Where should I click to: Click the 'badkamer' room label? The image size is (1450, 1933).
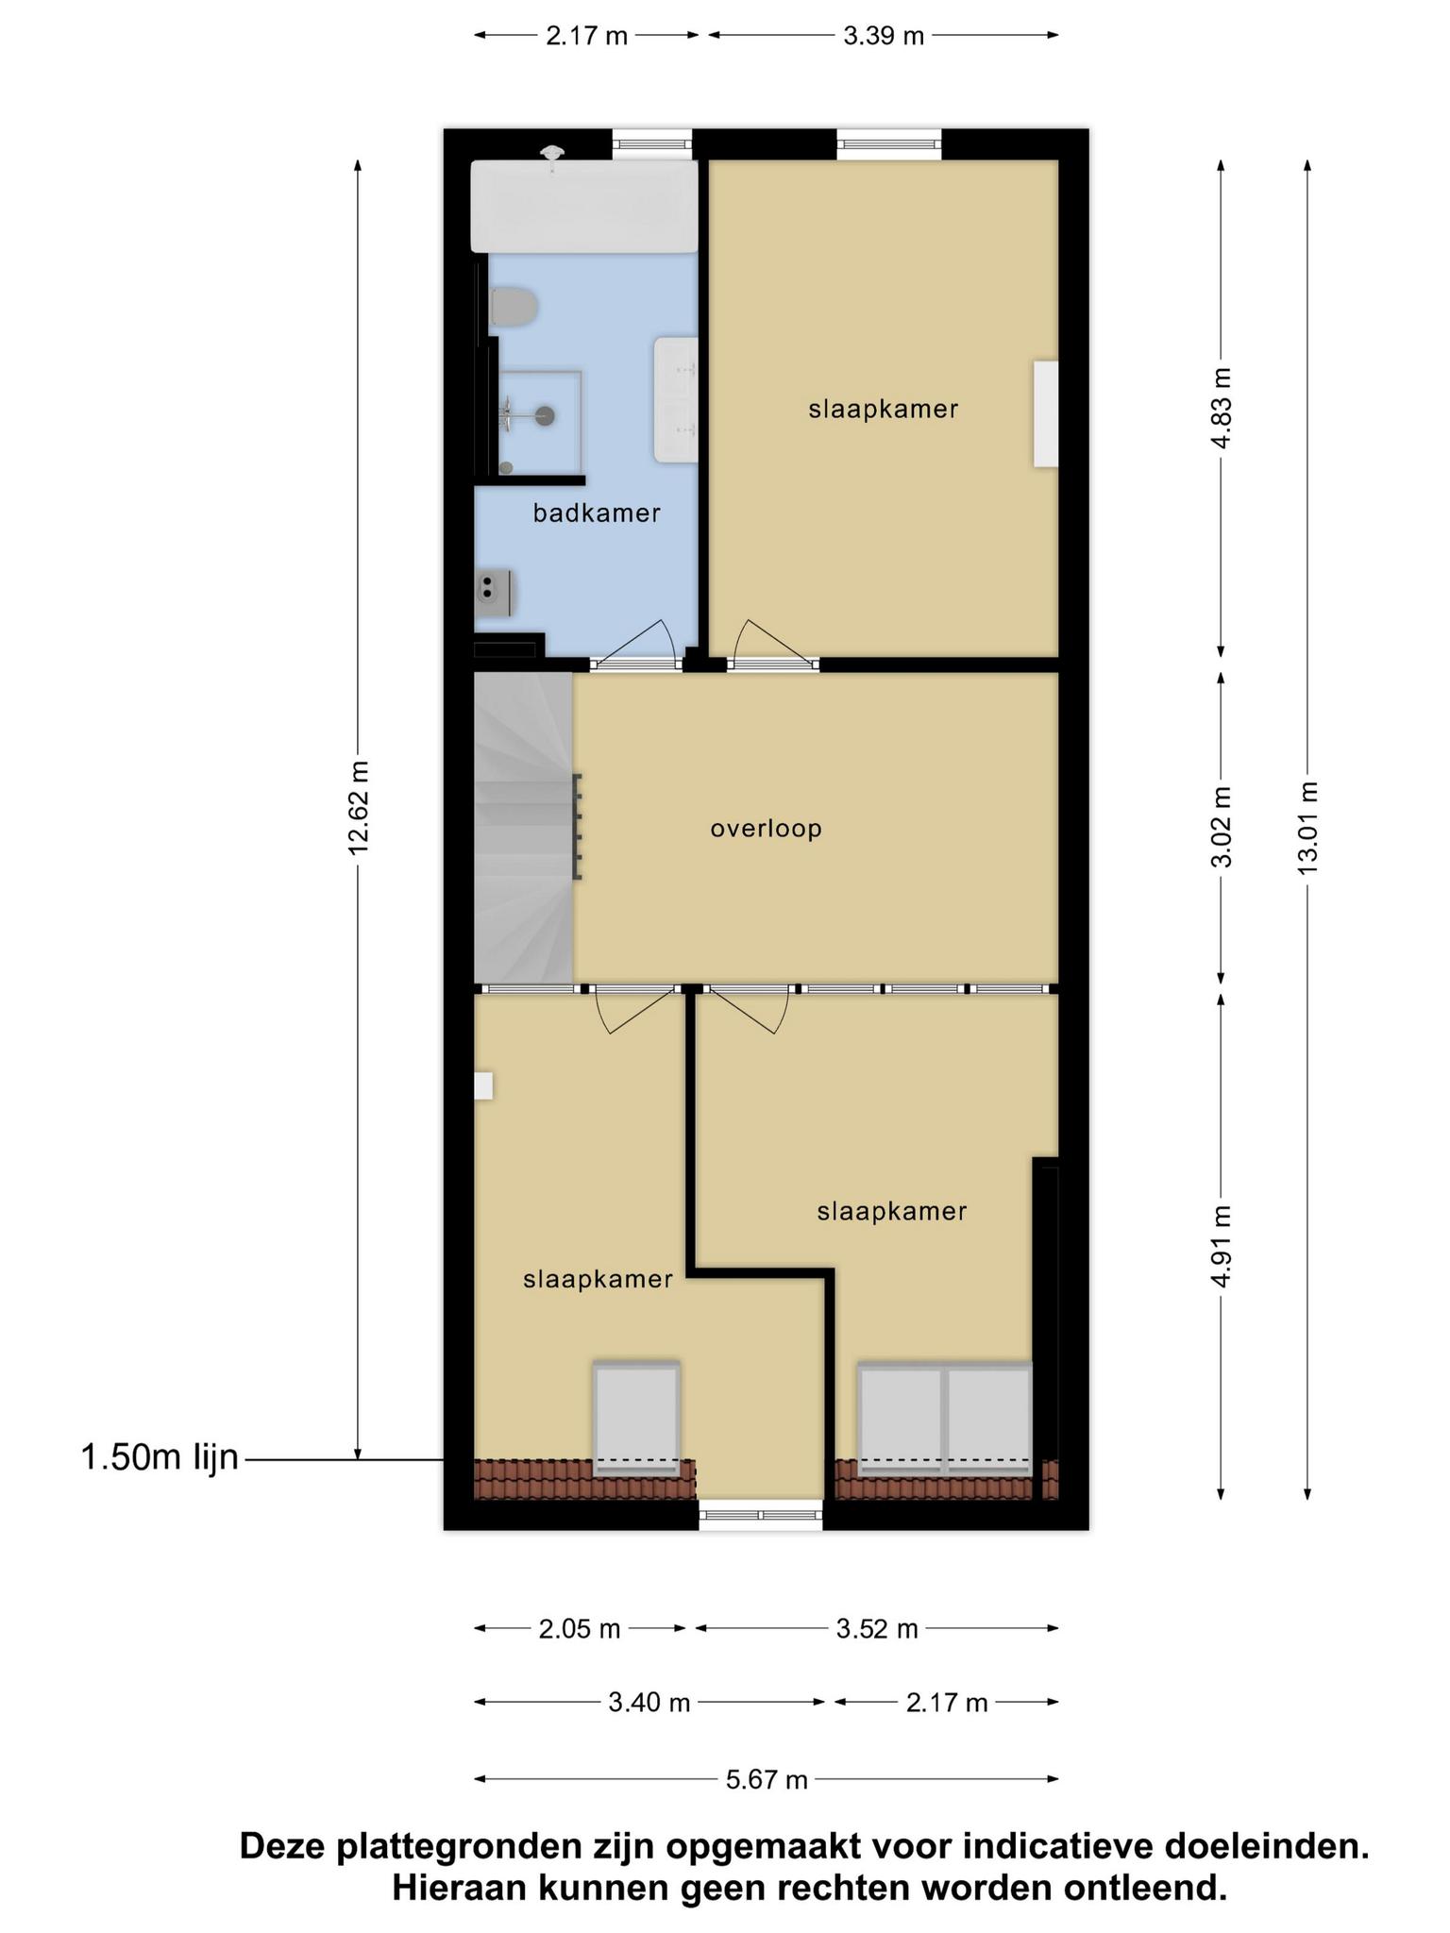click(x=596, y=513)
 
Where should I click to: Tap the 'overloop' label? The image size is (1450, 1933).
click(x=767, y=829)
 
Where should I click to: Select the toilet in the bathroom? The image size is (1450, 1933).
click(x=514, y=308)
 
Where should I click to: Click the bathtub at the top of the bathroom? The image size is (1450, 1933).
click(x=584, y=206)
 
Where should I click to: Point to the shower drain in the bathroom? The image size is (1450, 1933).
click(x=545, y=414)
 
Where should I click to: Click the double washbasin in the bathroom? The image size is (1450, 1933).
click(x=676, y=400)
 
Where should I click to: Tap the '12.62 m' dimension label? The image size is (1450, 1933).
click(x=358, y=808)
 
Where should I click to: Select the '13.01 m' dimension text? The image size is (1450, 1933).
click(x=1307, y=828)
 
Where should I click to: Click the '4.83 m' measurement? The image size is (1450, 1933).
click(x=1222, y=408)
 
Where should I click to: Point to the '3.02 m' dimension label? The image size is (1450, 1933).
click(x=1222, y=827)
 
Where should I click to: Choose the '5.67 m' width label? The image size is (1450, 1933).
click(x=767, y=1780)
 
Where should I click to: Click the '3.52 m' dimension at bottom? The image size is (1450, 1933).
click(x=877, y=1629)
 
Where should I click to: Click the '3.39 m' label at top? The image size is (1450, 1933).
click(x=884, y=36)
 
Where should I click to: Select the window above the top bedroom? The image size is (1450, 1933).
click(x=889, y=144)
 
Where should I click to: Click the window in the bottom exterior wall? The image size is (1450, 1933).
click(x=761, y=1515)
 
